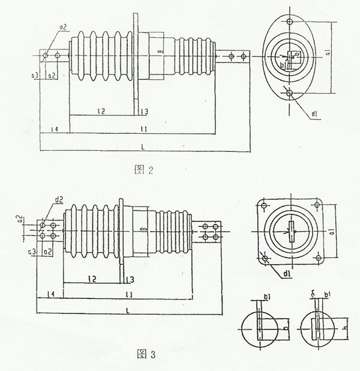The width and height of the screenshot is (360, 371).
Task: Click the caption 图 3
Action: coord(146,354)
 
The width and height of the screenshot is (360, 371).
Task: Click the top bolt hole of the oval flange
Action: coord(290,22)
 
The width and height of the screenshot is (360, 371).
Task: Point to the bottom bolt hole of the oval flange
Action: coord(290,93)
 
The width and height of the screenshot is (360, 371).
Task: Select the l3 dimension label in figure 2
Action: coord(144,112)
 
